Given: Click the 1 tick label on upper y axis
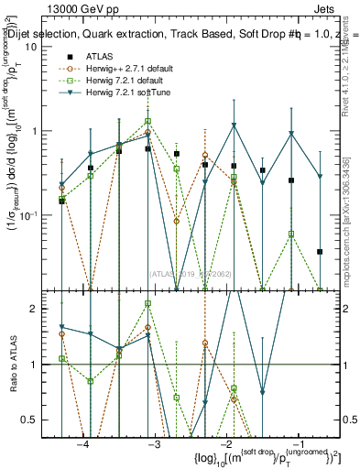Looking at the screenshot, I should [x=42, y=130].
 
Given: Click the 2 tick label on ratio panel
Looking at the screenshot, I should [x=42, y=310].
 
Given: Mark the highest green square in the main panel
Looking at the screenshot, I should [x=147, y=121].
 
